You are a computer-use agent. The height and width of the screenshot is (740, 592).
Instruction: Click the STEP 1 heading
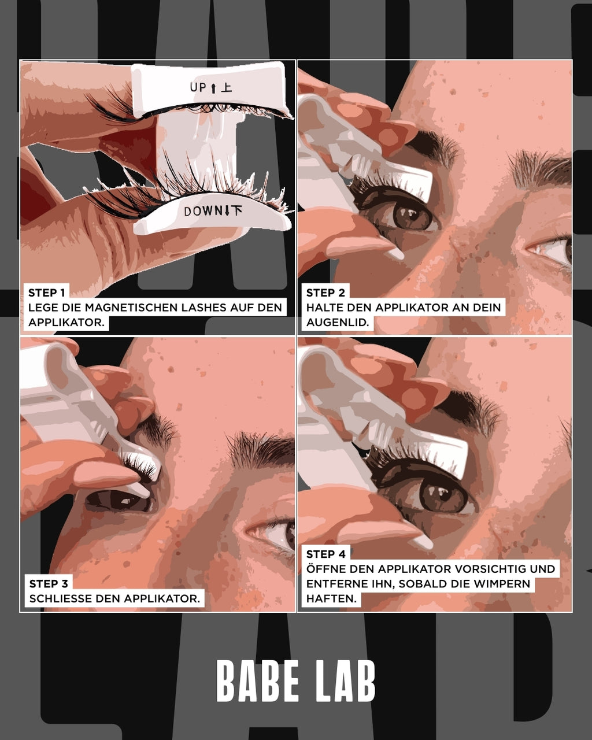click(x=47, y=293)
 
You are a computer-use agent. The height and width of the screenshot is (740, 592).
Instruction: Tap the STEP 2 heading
click(x=325, y=293)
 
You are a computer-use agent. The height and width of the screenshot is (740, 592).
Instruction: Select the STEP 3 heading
click(x=49, y=584)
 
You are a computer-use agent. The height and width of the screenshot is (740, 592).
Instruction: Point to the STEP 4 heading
click(x=326, y=554)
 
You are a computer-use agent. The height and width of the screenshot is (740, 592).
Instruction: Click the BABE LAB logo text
click(x=296, y=681)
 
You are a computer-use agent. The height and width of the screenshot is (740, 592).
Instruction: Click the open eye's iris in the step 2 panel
click(x=412, y=215)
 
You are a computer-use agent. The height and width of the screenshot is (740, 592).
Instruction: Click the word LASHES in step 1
click(x=201, y=308)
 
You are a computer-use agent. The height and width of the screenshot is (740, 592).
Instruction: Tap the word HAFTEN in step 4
click(x=331, y=599)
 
